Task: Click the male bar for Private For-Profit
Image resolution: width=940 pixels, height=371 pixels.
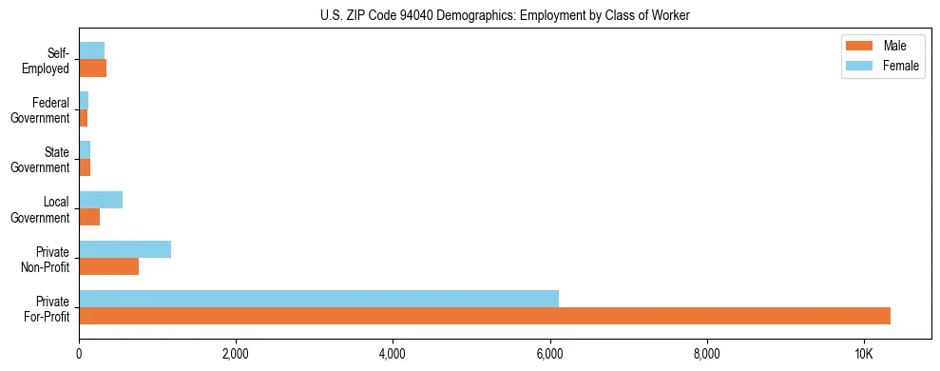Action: [485, 316]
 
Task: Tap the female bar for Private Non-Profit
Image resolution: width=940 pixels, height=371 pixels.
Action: [125, 249]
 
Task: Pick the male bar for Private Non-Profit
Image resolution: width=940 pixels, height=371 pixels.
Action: [108, 266]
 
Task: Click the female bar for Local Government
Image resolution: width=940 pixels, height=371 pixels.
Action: [101, 200]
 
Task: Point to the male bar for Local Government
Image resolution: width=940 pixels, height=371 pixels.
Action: [89, 217]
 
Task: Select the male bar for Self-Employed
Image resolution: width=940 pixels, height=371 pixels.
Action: [92, 68]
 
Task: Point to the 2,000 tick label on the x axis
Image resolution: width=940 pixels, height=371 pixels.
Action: [235, 354]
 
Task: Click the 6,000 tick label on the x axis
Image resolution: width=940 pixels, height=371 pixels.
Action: [549, 354]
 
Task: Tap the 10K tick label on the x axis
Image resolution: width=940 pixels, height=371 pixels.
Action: [863, 354]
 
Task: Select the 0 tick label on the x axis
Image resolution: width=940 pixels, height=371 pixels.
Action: [79, 354]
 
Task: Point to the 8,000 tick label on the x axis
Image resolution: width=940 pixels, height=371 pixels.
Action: [706, 354]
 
